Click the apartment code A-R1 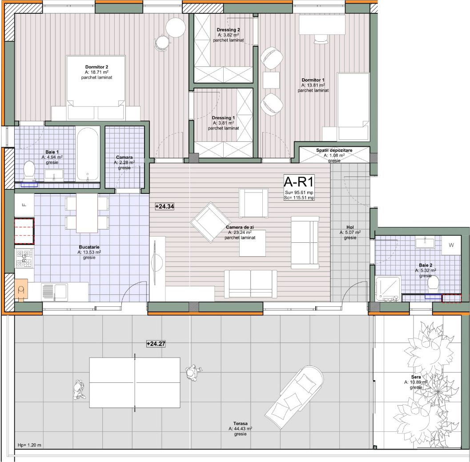(x=298, y=182)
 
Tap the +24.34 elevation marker (x=165, y=206)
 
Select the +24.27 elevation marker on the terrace (x=156, y=344)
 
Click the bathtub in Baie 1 (x=87, y=154)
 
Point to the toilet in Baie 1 (x=29, y=170)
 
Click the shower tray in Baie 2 (x=388, y=288)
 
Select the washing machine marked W (x=451, y=245)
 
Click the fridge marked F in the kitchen (x=24, y=205)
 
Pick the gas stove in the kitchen (x=24, y=258)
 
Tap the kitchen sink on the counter (x=55, y=292)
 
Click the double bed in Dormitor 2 (x=96, y=87)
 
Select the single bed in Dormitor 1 (x=353, y=106)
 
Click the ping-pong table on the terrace (x=135, y=382)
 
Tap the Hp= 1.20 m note (x=29, y=445)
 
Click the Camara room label (x=125, y=157)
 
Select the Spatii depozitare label (x=334, y=150)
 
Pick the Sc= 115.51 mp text (x=299, y=197)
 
